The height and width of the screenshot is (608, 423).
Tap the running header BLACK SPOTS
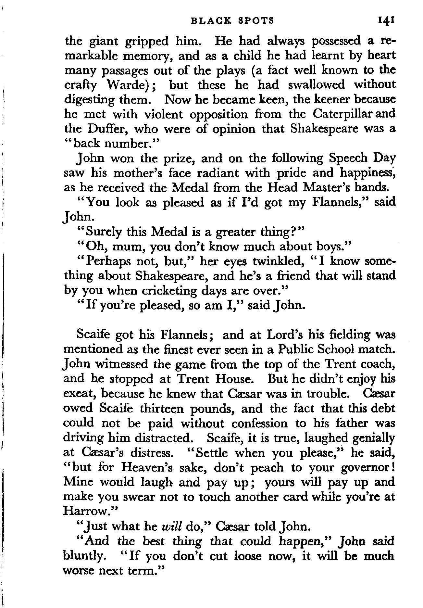point(232,20)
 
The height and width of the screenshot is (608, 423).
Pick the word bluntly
point(84,556)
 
